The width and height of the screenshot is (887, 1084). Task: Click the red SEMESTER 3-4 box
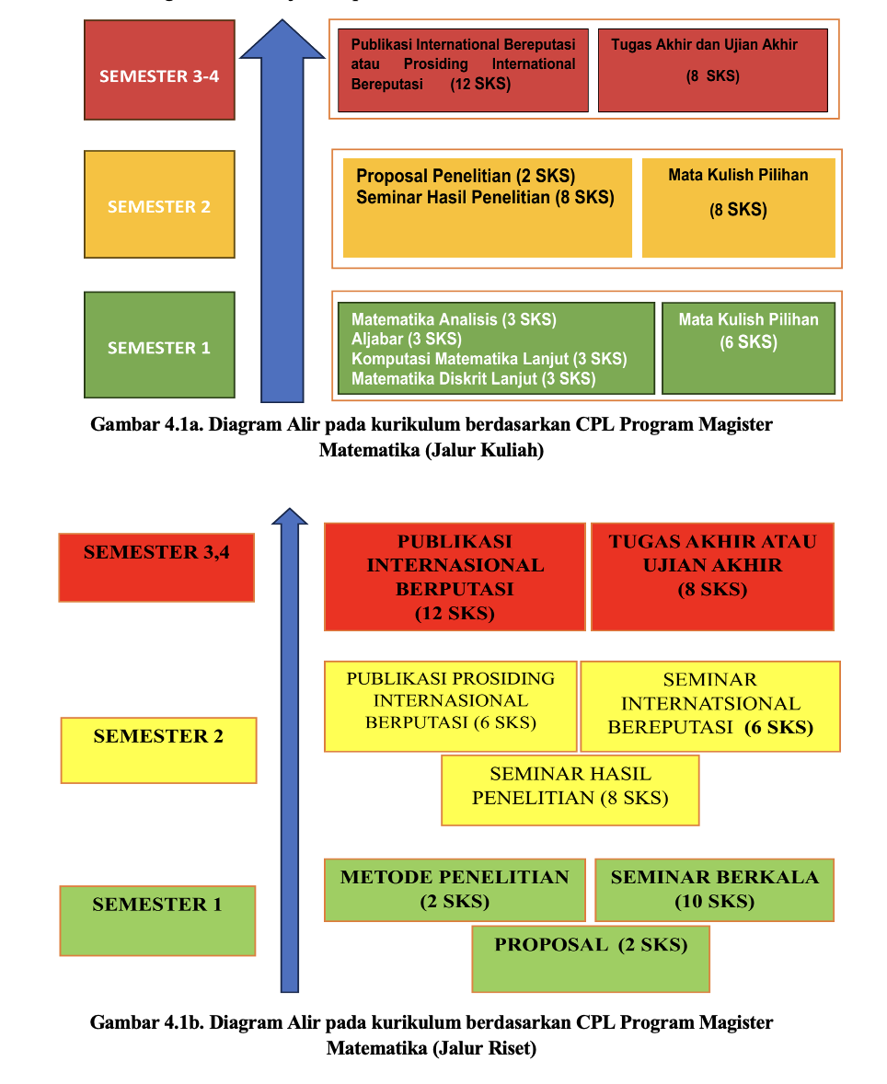point(159,70)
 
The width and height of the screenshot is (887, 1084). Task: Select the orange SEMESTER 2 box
point(159,204)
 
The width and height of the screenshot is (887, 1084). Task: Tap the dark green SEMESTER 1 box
point(159,344)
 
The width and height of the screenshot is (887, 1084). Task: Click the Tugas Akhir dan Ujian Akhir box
point(712,69)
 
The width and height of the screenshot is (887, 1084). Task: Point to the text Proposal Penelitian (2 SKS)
point(465,176)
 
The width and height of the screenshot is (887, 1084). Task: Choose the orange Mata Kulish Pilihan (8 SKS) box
point(738,207)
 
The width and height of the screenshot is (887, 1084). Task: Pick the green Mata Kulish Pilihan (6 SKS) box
point(748,347)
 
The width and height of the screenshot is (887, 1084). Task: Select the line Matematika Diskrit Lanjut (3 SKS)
point(473,378)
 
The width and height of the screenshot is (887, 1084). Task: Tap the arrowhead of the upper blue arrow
point(282,40)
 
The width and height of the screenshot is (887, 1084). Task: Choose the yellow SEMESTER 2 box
point(158,749)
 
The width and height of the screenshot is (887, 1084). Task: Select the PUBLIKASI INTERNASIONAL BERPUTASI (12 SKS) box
point(455,577)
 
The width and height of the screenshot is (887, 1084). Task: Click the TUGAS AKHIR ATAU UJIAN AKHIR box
point(712,577)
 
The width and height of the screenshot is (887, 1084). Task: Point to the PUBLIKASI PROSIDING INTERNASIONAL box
point(450,706)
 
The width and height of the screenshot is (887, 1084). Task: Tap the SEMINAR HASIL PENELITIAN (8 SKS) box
point(570,790)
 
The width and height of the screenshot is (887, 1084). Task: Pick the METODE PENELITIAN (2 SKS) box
point(455,890)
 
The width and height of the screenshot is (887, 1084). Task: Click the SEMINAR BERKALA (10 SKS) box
point(714,890)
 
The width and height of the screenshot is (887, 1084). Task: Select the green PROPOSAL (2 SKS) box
point(590,958)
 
